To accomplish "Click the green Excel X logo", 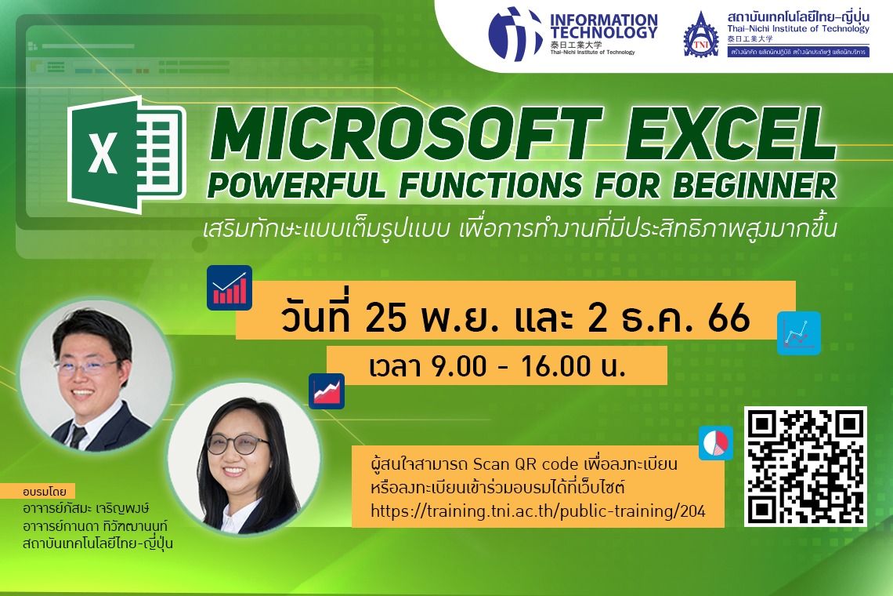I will click(x=125, y=154).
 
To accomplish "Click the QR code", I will click(x=806, y=467).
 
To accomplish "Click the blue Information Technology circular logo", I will click(x=515, y=34).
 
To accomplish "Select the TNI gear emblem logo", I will click(x=700, y=35).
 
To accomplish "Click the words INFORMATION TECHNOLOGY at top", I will click(x=603, y=26).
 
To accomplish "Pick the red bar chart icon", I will click(x=230, y=288).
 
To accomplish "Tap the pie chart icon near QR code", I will click(x=715, y=443).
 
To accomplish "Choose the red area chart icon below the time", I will click(x=326, y=390).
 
